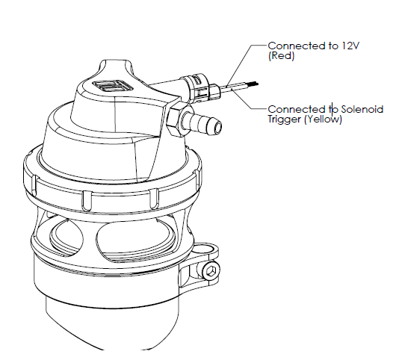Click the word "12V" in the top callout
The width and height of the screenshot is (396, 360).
tap(350, 46)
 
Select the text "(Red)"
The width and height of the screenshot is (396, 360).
tap(282, 56)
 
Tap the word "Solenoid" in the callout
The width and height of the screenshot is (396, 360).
tap(362, 109)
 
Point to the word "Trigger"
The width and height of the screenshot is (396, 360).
tap(285, 120)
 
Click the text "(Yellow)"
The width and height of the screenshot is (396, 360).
tap(324, 120)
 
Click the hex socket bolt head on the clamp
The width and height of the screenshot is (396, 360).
tap(211, 271)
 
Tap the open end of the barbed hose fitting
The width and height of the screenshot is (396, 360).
tap(217, 126)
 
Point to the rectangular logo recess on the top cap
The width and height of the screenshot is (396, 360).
tap(113, 87)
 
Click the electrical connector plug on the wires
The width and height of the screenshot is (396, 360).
tap(201, 87)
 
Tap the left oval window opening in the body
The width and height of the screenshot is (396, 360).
tap(66, 237)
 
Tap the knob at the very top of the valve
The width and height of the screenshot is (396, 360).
tap(115, 68)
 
